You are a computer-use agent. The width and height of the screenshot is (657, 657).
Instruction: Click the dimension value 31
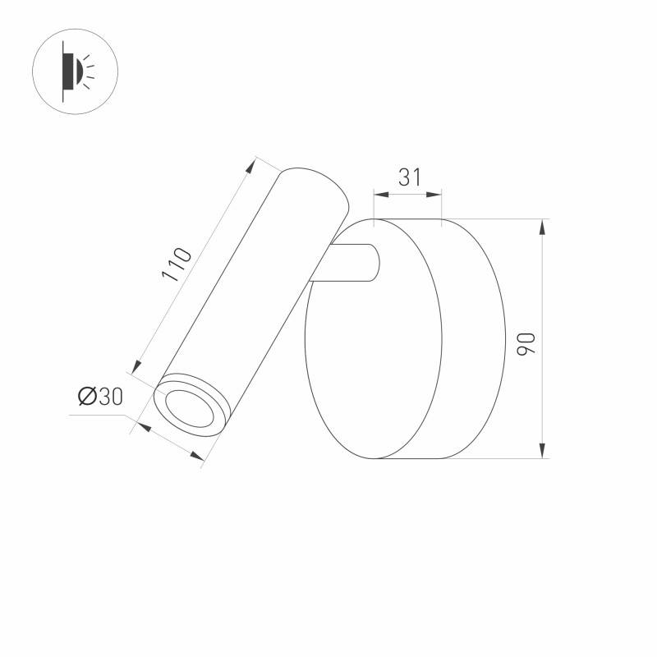408,176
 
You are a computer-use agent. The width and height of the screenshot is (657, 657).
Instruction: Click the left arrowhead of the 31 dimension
379,195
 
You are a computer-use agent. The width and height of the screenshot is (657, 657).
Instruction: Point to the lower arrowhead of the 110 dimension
139,365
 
